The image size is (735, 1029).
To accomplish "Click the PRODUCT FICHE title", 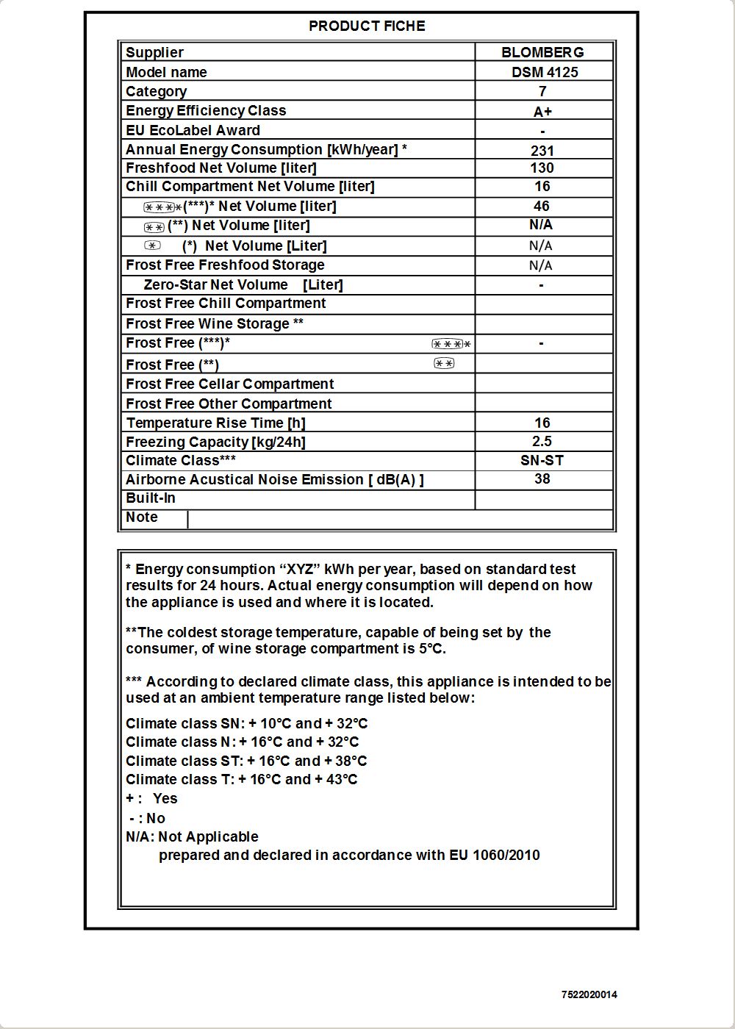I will [367, 26].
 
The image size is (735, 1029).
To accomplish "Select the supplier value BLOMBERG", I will [542, 52].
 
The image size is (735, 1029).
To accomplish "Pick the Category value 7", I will [542, 91].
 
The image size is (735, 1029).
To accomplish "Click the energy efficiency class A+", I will [542, 112].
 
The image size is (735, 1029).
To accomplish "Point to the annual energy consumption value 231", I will [542, 151].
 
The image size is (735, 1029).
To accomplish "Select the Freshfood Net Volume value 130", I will [542, 168].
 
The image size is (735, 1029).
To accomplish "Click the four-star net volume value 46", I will [542, 207].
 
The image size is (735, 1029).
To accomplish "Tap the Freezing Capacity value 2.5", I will [542, 441].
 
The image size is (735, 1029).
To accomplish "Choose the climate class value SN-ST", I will [542, 460].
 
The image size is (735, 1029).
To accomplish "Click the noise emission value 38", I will [542, 478].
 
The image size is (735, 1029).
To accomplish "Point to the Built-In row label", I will [151, 498].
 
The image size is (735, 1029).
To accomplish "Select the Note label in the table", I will [142, 517].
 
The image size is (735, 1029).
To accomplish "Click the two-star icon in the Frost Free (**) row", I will [444, 363].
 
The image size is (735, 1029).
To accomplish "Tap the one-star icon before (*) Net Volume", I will [152, 245].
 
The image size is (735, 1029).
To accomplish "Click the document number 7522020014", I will [589, 994].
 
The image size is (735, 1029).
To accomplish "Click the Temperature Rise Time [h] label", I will [215, 423].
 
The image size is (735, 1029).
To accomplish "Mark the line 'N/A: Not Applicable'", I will [192, 836].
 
